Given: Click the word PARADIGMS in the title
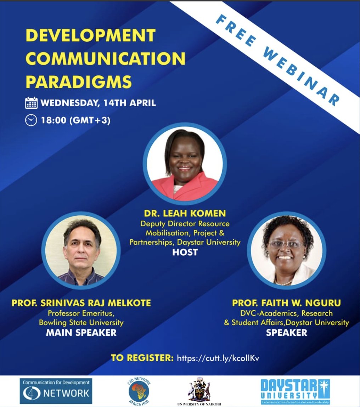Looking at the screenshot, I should coord(79,81).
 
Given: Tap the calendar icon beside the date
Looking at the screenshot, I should coord(31,103).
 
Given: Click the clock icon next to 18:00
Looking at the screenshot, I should coord(31,120).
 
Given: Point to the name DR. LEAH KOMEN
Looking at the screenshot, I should coord(185,214).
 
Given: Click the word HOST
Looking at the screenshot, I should coord(185,252).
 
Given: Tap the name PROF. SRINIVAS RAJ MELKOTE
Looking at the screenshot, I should coord(81,303).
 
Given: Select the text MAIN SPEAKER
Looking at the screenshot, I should coord(81,333).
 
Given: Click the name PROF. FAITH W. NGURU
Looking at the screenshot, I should coord(286,303).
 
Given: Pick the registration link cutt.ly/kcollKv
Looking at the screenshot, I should coord(218,358).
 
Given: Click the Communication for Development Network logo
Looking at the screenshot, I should coord(56,391).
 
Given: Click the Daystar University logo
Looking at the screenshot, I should coord(295,391).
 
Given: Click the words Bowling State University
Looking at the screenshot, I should coord(81,323).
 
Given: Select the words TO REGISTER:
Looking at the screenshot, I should coord(142,358).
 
